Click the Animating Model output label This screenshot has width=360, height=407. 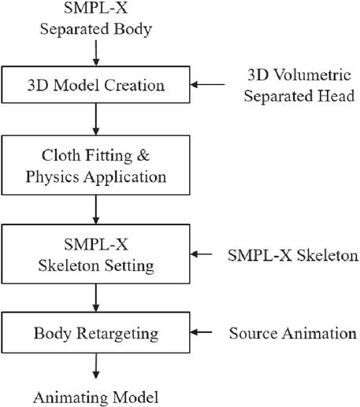pyautogui.click(x=96, y=398)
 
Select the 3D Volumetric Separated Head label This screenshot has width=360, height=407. pyautogui.click(x=299, y=85)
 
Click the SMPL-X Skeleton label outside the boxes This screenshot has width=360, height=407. pyautogui.click(x=293, y=255)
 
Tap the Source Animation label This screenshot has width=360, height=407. pyautogui.click(x=293, y=333)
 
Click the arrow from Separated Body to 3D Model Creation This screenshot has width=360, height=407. pyautogui.click(x=96, y=53)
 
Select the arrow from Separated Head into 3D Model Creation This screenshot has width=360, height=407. pyautogui.click(x=207, y=84)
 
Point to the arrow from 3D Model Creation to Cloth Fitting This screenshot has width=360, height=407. pyautogui.click(x=96, y=119)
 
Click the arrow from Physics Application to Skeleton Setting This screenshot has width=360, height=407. pyautogui.click(x=96, y=209)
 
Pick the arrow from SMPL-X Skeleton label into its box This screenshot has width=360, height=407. pyautogui.click(x=201, y=254)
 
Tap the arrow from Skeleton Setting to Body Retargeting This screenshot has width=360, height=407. pyautogui.click(x=96, y=298)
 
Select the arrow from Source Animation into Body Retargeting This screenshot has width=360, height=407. pyautogui.click(x=201, y=332)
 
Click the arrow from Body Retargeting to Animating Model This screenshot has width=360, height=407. pyautogui.click(x=96, y=366)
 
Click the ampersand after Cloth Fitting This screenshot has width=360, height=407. pyautogui.click(x=143, y=155)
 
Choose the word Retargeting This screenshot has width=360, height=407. pyautogui.click(x=117, y=334)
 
